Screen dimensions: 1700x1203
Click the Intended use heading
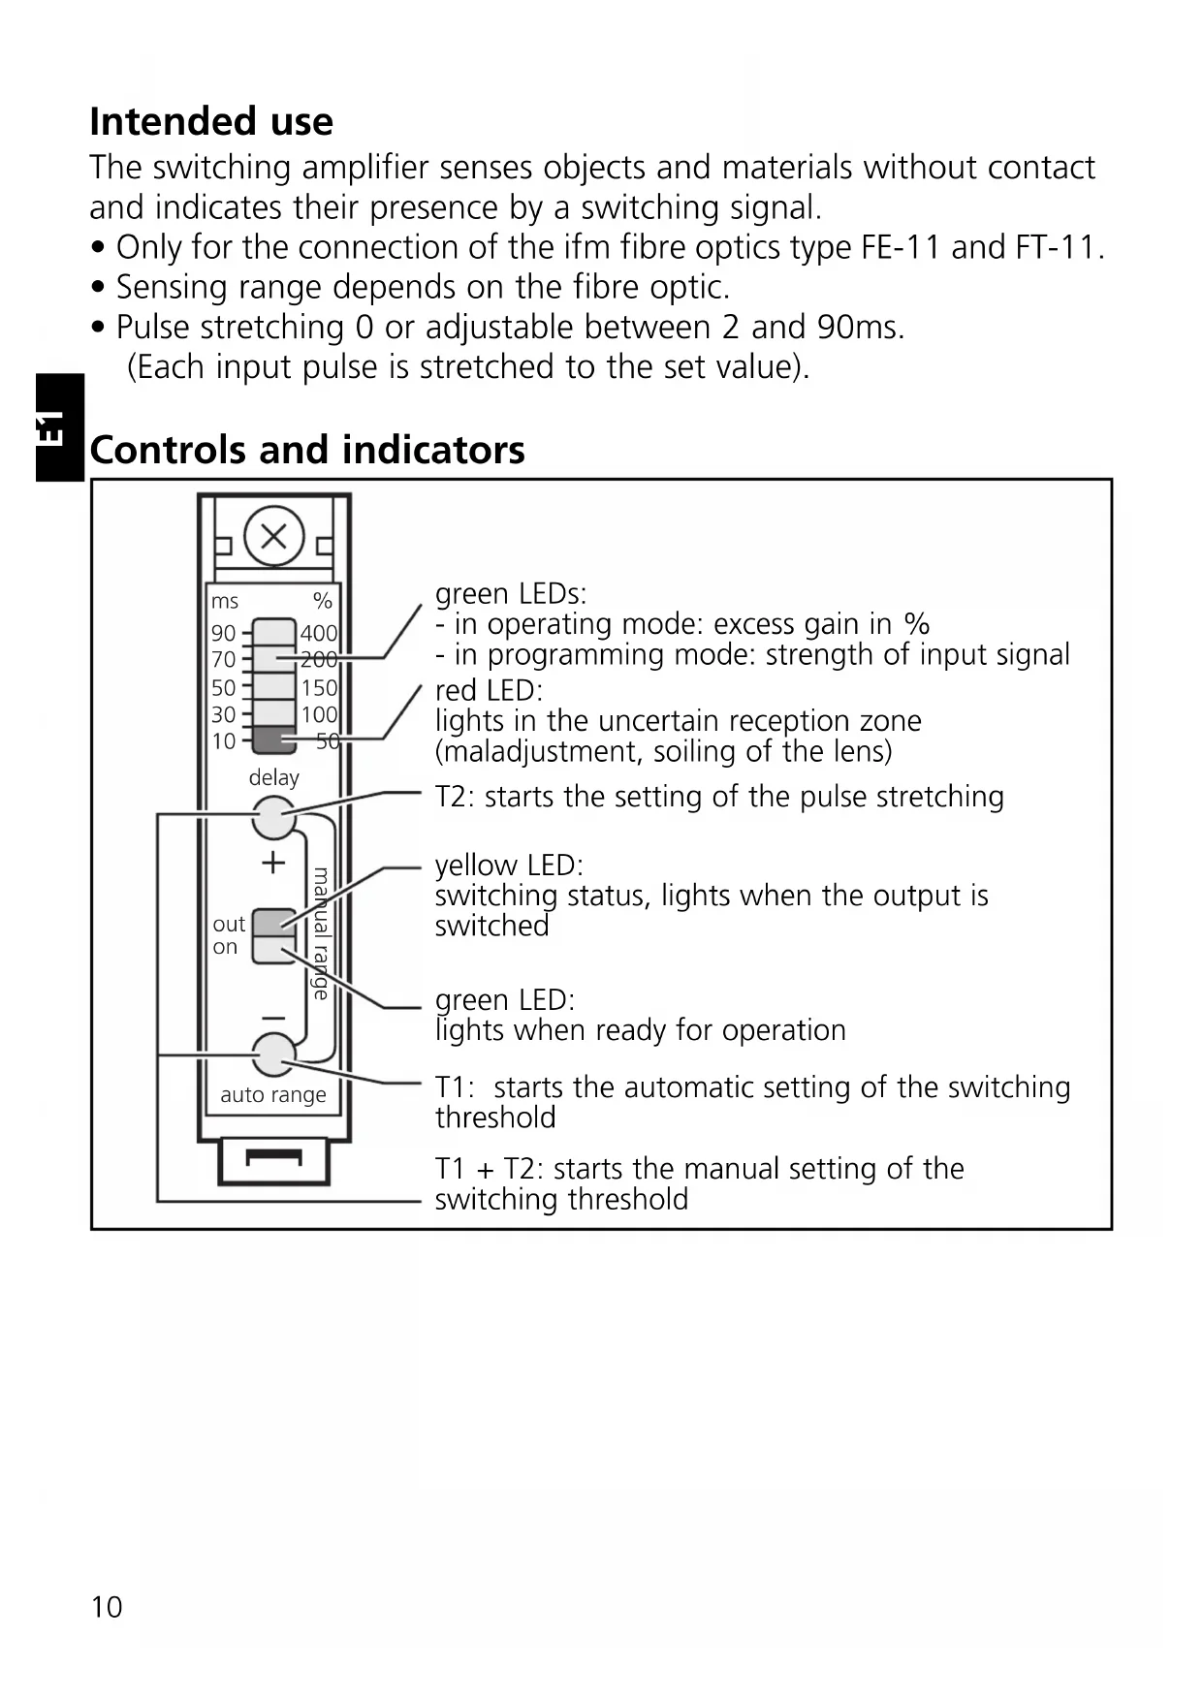point(211,122)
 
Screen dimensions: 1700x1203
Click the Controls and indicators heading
point(307,451)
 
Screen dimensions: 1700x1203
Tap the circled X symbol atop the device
point(274,536)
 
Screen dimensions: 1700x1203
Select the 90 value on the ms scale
point(224,633)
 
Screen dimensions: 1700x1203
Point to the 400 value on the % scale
point(319,633)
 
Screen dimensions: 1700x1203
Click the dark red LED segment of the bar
point(274,740)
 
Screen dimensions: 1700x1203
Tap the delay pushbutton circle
point(274,818)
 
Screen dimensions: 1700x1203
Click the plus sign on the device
point(274,862)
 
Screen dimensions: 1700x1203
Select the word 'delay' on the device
point(274,777)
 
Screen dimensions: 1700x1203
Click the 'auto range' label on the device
point(273,1095)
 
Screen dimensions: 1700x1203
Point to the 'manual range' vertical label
point(321,933)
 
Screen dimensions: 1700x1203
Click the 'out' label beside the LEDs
point(229,924)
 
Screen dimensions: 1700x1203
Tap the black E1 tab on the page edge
point(58,427)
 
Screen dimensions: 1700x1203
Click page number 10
point(107,1607)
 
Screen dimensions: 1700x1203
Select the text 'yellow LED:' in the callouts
point(509,865)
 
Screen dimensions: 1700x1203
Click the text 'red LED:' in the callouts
point(489,690)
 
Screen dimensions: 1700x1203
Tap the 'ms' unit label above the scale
point(225,601)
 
